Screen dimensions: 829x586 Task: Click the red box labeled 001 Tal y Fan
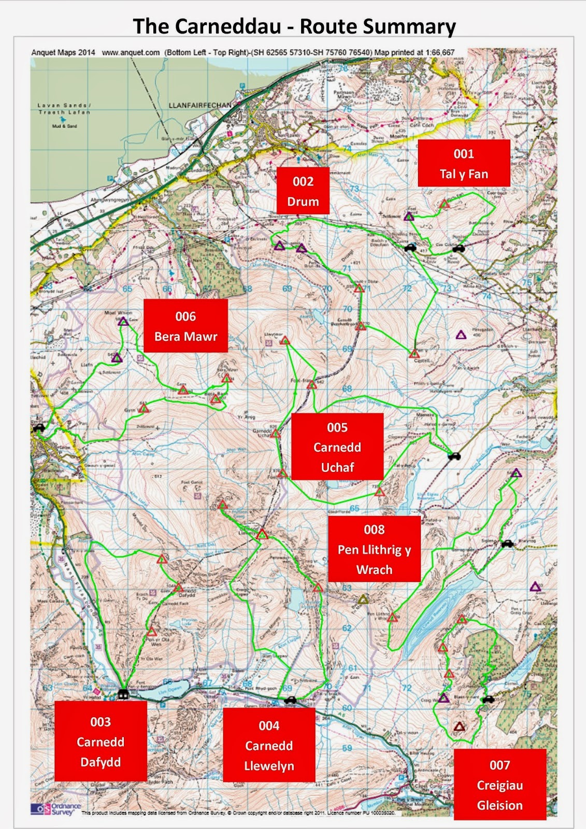[x=464, y=163]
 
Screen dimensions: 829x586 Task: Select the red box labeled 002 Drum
[x=303, y=191]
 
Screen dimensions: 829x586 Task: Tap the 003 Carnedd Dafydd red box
[x=101, y=741]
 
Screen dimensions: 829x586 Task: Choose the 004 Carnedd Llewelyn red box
[x=269, y=745]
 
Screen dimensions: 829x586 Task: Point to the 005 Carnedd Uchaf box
[x=337, y=446]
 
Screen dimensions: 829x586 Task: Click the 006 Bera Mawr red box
[x=185, y=326]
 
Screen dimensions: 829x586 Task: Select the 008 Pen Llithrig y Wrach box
[x=374, y=549]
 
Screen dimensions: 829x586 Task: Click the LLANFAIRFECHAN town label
[x=200, y=105]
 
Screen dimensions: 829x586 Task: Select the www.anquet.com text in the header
[x=131, y=52]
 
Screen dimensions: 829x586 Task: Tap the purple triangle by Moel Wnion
[x=123, y=322]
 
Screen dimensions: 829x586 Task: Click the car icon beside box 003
[x=123, y=693]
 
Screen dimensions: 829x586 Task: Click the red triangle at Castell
[x=414, y=354]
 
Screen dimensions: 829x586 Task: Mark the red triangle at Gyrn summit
[x=144, y=409]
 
